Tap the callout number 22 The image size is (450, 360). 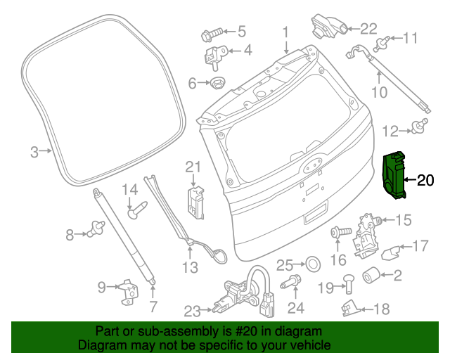pyautogui.click(x=368, y=28)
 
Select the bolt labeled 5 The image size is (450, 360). pyautogui.click(x=212, y=32)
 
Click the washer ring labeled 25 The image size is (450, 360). pyautogui.click(x=312, y=264)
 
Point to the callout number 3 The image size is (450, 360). pyautogui.click(x=34, y=150)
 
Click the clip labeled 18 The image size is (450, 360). pyautogui.click(x=351, y=307)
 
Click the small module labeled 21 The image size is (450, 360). pyautogui.click(x=194, y=200)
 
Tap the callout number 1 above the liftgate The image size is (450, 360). pyautogui.click(x=285, y=32)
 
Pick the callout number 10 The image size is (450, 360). pyautogui.click(x=379, y=92)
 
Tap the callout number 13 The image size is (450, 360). pyautogui.click(x=191, y=267)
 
